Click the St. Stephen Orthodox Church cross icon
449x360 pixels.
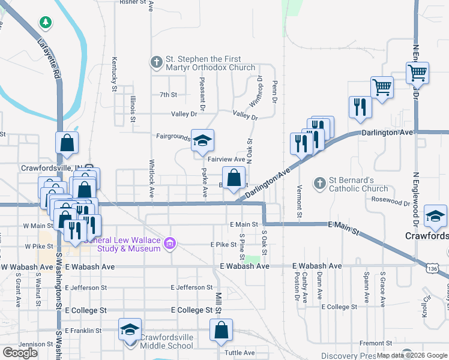point(156,62)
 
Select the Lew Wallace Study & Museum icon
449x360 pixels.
point(170,243)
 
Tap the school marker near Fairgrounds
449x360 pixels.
point(203,142)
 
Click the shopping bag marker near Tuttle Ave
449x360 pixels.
point(221,331)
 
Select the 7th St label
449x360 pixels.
point(168,95)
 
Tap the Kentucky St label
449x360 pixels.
point(114,74)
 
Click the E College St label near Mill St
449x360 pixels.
point(192,310)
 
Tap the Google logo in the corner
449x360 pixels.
point(20,352)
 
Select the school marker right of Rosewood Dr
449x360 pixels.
point(435,216)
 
